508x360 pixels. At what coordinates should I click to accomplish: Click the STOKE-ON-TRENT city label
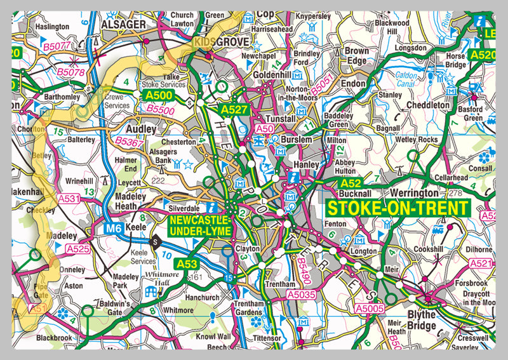click(398, 208)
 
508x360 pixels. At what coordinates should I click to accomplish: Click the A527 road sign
click(233, 110)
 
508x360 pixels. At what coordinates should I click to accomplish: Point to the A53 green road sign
click(187, 263)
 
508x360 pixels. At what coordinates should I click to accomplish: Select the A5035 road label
click(300, 295)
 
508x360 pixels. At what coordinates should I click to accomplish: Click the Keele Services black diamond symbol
click(154, 241)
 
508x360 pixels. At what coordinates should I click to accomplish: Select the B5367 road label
click(130, 143)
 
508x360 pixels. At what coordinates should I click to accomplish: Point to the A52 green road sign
click(350, 183)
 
